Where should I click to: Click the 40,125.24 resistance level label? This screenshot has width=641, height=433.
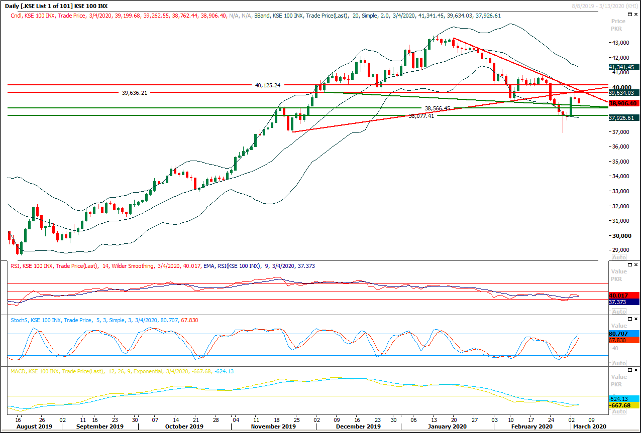point(267,85)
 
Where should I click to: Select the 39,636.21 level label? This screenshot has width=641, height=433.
point(135,93)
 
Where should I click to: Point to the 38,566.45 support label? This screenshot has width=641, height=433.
point(438,108)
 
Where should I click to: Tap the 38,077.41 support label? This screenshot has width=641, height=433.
point(421,116)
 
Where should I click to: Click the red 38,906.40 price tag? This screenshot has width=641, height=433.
point(622,103)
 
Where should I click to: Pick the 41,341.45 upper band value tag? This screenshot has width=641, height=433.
point(622,67)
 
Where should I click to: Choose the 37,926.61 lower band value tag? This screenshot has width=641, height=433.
point(622,118)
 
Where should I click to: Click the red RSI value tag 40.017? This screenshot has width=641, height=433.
point(622,296)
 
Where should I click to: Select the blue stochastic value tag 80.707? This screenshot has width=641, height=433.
point(622,333)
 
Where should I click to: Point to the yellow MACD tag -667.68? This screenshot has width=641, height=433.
point(622,405)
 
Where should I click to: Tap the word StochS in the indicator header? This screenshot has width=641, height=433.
point(20,320)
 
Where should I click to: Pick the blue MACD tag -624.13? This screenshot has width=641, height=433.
point(622,398)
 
